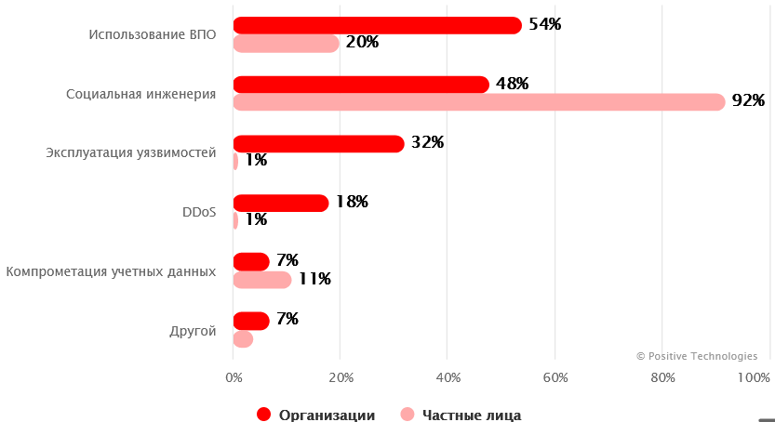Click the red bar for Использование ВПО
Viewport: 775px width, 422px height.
pyautogui.click(x=377, y=25)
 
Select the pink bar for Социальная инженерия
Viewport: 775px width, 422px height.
pyautogui.click(x=478, y=101)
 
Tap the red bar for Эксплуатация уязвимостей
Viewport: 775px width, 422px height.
pyautogui.click(x=318, y=143)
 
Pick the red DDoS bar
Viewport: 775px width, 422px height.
pyautogui.click(x=280, y=203)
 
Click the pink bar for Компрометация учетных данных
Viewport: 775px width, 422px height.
pyautogui.click(x=261, y=279)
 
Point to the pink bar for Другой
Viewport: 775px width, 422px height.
pyautogui.click(x=243, y=339)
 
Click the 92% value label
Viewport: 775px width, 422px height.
pyautogui.click(x=747, y=100)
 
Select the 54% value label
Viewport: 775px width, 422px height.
pyautogui.click(x=544, y=24)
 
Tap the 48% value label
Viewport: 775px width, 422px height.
pyautogui.click(x=512, y=84)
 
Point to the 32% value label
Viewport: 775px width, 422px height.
pyautogui.click(x=427, y=142)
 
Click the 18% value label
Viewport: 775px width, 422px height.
pyautogui.click(x=352, y=202)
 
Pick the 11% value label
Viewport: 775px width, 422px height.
pyautogui.click(x=314, y=278)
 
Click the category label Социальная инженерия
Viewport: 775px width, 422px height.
pyautogui.click(x=140, y=94)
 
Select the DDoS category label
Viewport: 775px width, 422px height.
pyautogui.click(x=199, y=212)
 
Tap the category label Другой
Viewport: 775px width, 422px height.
pyautogui.click(x=194, y=331)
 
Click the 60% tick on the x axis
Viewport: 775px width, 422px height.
pyautogui.click(x=555, y=377)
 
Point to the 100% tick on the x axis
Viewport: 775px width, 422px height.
pyautogui.click(x=754, y=377)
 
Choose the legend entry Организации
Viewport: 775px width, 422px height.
pyautogui.click(x=317, y=415)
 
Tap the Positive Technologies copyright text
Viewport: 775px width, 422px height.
pyautogui.click(x=697, y=355)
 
